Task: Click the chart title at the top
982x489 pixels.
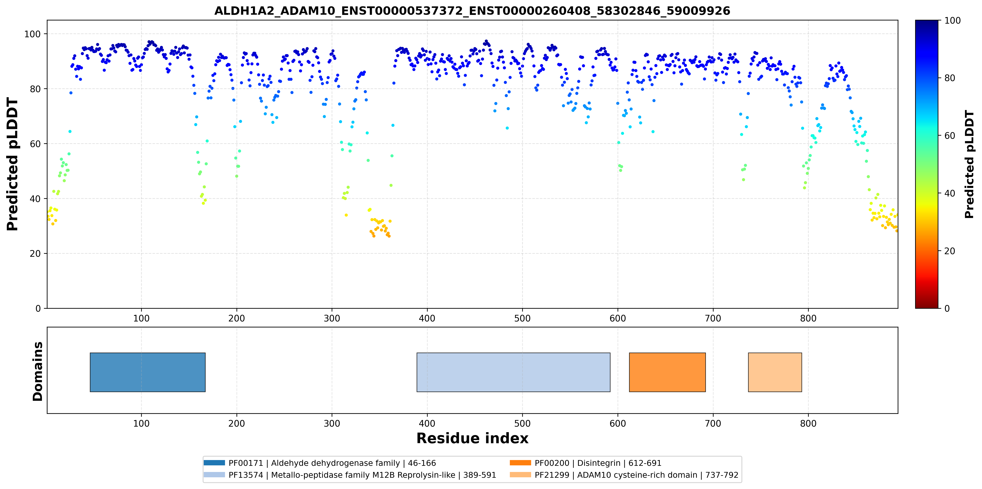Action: click(472, 11)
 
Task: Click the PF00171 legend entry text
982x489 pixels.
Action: click(332, 463)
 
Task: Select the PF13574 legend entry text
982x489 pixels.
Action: click(362, 475)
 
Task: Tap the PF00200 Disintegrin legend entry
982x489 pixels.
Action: click(598, 463)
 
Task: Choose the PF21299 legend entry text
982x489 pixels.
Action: click(636, 475)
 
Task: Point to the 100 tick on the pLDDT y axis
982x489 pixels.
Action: click(32, 34)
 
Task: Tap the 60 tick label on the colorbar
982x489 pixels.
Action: click(949, 136)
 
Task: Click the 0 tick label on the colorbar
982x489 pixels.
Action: click(947, 308)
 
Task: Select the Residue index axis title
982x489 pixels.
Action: click(472, 438)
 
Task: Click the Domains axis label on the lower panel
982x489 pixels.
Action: click(38, 371)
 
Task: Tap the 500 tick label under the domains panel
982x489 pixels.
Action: click(522, 423)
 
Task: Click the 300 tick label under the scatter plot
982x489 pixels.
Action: click(332, 318)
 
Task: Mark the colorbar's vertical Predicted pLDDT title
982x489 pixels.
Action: click(969, 164)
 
